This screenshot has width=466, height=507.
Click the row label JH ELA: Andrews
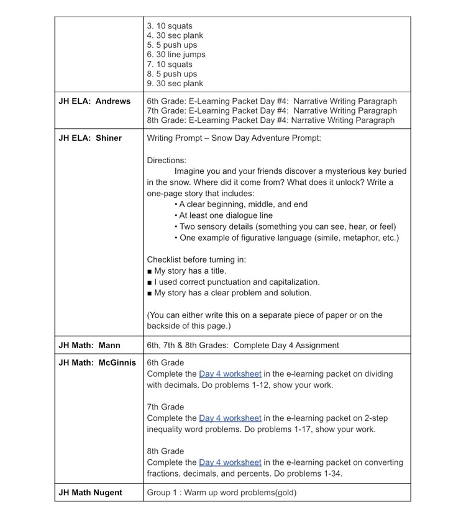94,101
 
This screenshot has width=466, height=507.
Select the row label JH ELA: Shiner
90,138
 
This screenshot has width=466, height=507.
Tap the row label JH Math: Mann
89,345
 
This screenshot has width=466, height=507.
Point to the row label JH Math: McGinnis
97,362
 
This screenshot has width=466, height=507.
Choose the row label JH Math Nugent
90,493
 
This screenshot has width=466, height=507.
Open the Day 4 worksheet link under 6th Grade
230,374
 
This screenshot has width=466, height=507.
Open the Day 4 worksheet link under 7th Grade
230,418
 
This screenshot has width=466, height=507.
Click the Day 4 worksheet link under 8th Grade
230,462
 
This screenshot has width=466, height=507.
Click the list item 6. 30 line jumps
176,55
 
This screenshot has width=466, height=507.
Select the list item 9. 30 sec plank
175,83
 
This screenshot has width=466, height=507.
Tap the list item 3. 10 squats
170,26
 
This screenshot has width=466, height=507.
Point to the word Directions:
167,160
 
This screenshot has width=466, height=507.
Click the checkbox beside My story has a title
150,271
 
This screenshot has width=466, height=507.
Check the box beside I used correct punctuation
150,282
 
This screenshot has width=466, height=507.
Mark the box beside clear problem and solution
150,293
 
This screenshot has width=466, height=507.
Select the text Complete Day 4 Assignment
286,345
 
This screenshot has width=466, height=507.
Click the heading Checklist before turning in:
196,259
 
